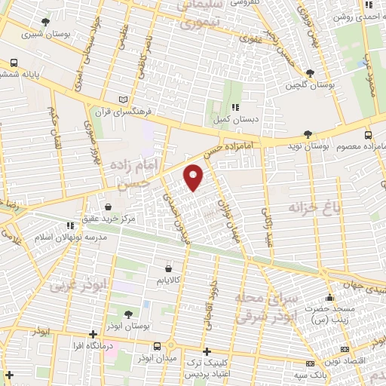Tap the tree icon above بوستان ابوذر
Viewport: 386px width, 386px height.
[128, 313]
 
